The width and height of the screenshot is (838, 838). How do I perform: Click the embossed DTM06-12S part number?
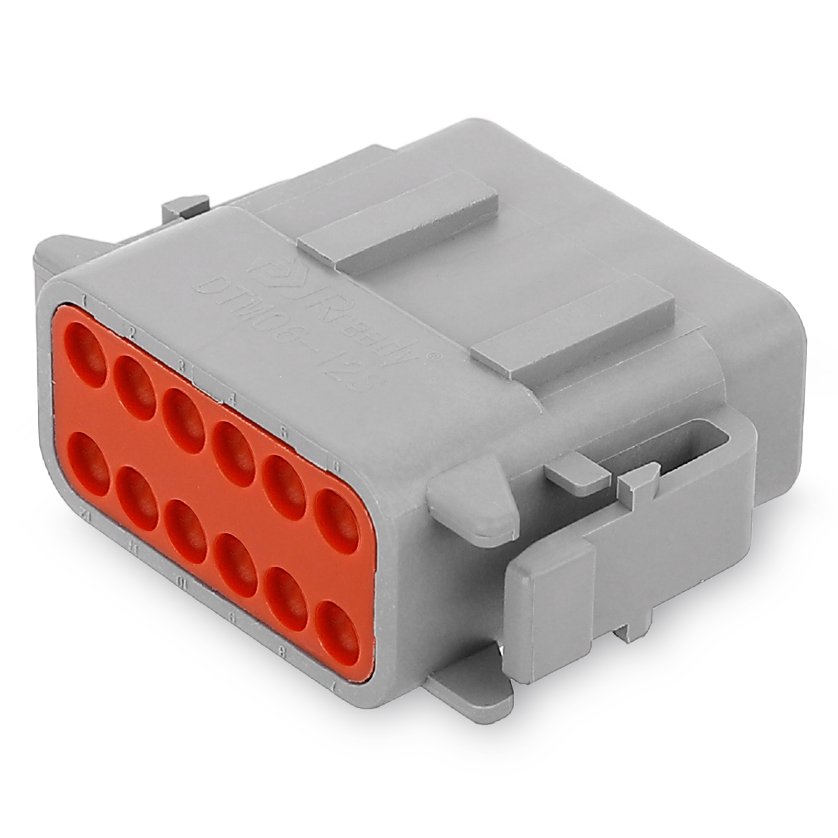(x=283, y=335)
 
